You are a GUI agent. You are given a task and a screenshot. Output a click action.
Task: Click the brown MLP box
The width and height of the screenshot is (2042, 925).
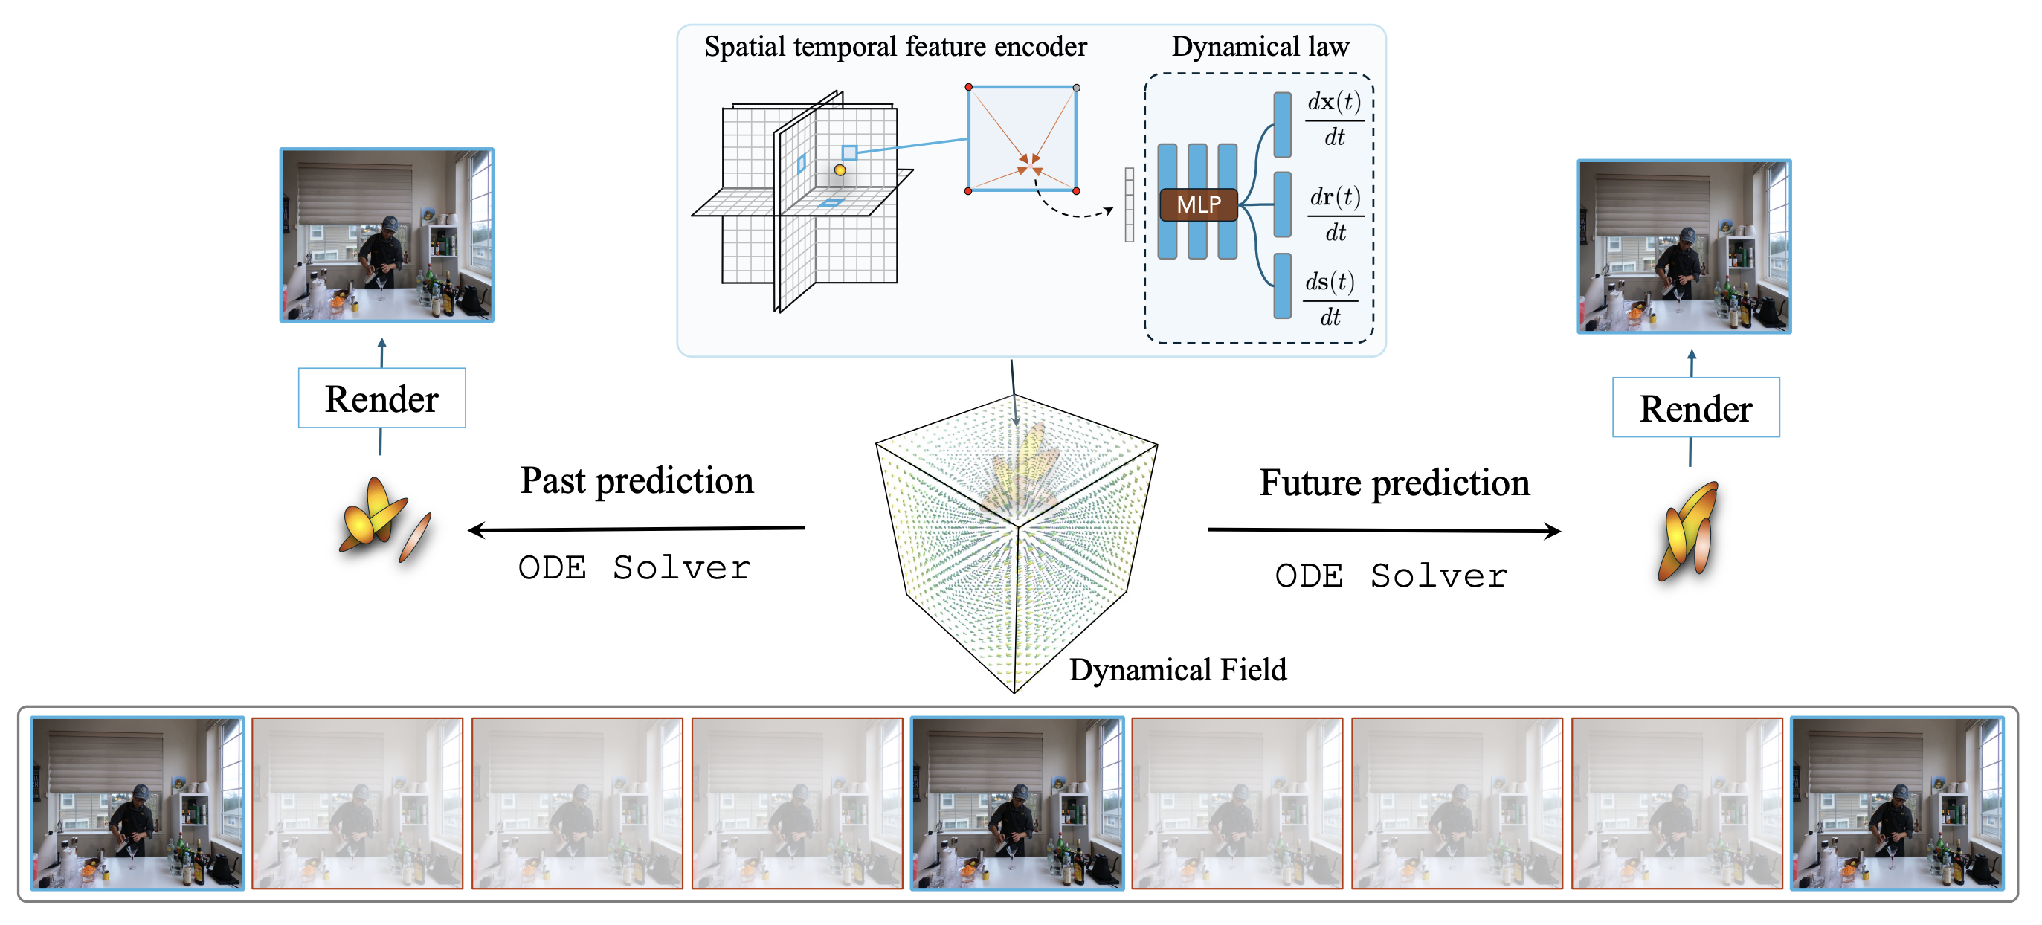1198,204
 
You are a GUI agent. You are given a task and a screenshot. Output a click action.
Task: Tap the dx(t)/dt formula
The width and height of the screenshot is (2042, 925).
1334,118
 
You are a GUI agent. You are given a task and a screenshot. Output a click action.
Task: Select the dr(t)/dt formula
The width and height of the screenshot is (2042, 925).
1335,213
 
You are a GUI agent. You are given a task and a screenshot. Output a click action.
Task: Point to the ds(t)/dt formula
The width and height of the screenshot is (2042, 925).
1330,299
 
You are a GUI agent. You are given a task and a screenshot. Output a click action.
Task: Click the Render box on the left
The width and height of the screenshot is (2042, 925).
381,398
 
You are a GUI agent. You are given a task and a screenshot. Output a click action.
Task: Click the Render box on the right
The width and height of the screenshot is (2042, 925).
1695,407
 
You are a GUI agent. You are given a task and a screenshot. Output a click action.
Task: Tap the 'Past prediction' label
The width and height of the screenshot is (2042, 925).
637,480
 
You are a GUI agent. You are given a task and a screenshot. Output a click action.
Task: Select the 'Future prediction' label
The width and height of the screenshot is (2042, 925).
1394,483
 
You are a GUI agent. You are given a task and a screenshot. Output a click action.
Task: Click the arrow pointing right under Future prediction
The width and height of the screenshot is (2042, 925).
1384,530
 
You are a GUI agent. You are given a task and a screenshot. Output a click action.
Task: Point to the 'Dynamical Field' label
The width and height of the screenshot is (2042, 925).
1177,670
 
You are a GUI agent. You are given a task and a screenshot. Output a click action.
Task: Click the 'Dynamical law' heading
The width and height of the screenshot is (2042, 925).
1260,47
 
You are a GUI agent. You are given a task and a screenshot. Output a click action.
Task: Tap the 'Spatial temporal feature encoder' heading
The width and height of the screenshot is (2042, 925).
895,47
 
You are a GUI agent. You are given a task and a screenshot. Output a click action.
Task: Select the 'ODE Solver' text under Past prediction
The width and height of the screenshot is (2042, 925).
634,567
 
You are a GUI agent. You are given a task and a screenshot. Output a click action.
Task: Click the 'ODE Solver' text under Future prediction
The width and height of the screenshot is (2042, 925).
1391,576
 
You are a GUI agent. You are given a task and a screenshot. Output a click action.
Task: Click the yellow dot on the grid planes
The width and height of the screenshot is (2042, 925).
840,170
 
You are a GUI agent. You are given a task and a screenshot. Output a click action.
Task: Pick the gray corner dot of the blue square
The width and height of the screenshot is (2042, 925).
1076,88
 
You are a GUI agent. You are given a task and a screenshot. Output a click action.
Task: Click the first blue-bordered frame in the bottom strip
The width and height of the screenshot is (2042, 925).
138,802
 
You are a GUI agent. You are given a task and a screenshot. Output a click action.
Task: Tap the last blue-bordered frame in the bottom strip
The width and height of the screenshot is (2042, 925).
1896,802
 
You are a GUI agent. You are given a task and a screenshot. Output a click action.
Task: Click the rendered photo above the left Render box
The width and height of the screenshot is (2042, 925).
387,235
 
